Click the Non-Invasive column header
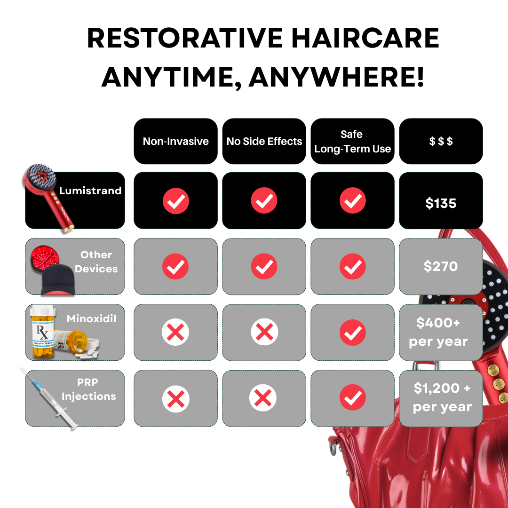point(176,141)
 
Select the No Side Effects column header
point(264,141)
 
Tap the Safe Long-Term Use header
point(352,141)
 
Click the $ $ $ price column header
point(441,141)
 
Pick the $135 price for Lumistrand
point(441,203)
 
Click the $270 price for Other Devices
point(441,266)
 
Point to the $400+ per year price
point(438,332)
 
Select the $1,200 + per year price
point(442,397)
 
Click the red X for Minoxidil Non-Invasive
point(175,333)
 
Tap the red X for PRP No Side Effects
point(263,399)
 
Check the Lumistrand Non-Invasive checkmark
point(176,201)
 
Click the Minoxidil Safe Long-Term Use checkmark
point(352,333)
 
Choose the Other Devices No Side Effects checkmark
point(264,267)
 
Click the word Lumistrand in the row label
point(90,191)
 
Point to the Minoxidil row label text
point(91,318)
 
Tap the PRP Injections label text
point(88,390)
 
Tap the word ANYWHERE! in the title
point(337,77)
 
